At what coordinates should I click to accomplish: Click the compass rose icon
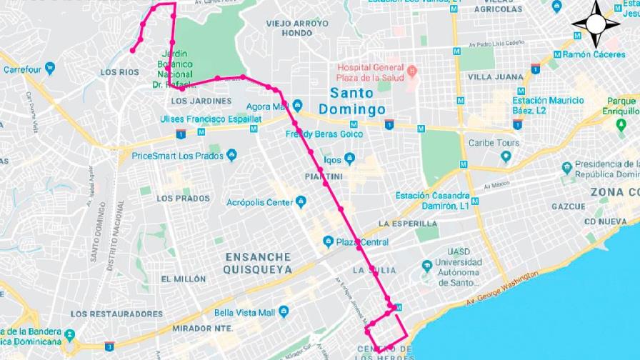(x=596, y=24)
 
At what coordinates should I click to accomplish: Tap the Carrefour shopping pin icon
(x=49, y=69)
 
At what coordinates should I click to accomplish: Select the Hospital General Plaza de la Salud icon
(x=412, y=72)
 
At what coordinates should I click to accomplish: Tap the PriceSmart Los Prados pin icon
(x=231, y=155)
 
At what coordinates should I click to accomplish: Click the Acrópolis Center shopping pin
(x=301, y=202)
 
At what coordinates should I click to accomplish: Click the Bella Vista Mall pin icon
(x=283, y=312)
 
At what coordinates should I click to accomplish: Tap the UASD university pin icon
(x=426, y=266)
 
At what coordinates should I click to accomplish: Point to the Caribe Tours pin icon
(x=506, y=156)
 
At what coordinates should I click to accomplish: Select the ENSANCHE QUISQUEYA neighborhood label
(x=257, y=263)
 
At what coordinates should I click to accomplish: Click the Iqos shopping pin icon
(x=349, y=159)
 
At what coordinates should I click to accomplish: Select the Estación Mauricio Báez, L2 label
(x=548, y=106)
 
